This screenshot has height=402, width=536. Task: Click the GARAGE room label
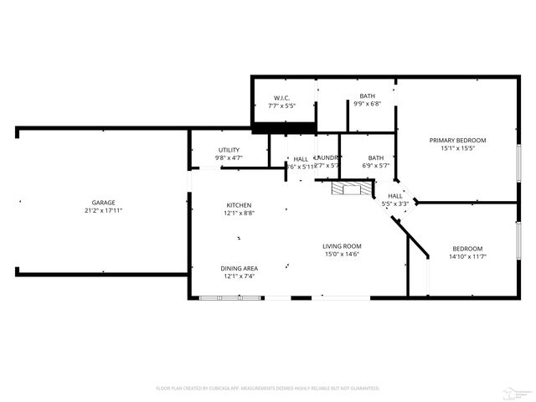104,202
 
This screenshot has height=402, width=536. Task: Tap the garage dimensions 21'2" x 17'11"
104,210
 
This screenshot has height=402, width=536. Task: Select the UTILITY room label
229,150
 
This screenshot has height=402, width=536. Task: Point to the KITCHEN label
239,205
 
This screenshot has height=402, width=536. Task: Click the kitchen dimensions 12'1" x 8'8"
239,214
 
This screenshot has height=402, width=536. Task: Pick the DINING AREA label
239,268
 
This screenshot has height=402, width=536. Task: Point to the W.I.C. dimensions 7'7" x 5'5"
281,106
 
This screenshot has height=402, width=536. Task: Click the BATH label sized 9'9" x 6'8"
368,96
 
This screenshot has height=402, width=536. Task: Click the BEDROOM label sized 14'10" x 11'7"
467,248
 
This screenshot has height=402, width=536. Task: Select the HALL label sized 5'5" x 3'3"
395,196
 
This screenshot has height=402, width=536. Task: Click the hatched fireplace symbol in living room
349,189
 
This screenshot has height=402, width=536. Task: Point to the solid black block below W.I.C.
284,127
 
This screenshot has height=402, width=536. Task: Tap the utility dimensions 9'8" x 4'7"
229,158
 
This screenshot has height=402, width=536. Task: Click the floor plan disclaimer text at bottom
268,388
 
